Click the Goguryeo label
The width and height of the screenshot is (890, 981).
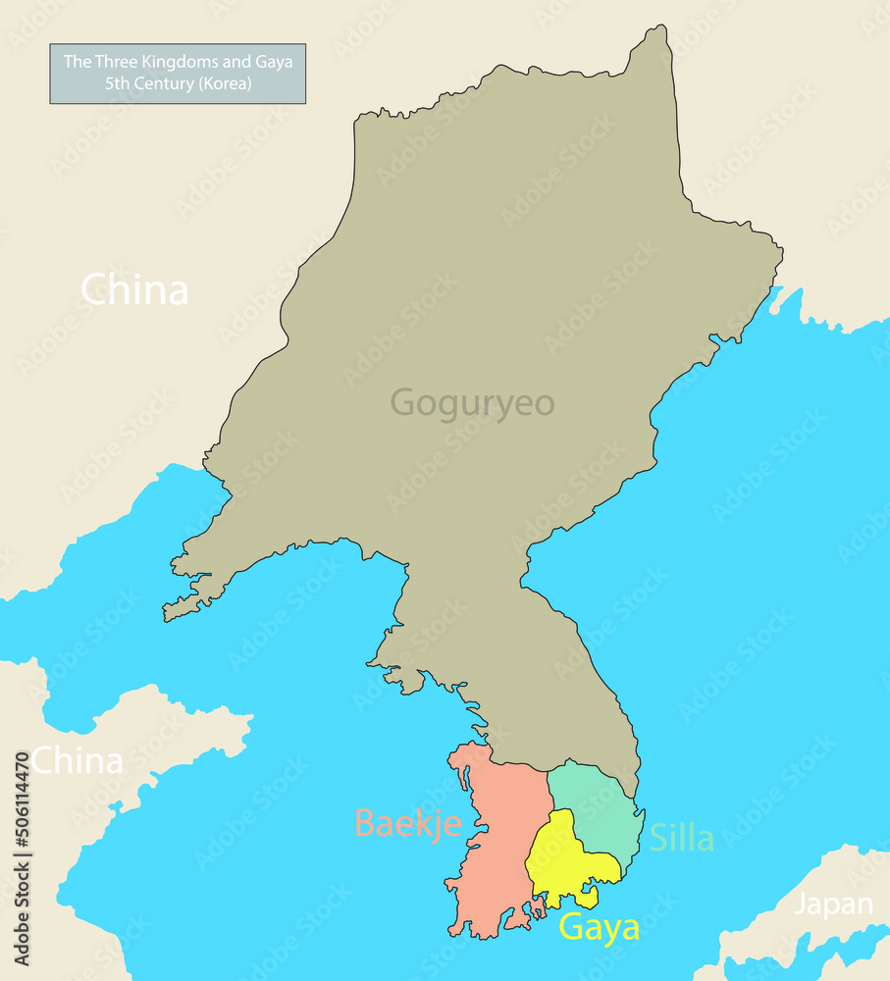(472, 403)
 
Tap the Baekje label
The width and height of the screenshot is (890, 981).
(407, 822)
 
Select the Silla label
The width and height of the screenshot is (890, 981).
(681, 838)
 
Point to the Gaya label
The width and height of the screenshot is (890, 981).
(599, 927)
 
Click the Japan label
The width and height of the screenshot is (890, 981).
(833, 904)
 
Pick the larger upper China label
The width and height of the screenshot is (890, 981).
(134, 290)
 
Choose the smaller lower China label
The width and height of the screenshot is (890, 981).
(79, 760)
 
